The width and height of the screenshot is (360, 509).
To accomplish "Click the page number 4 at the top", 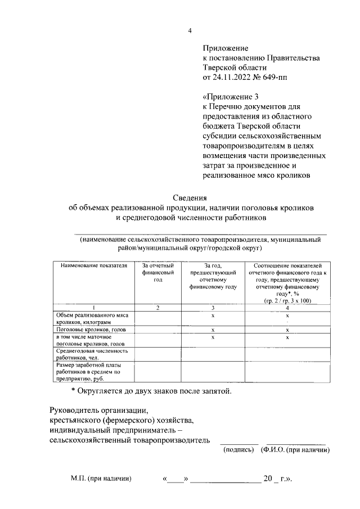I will pyautogui.click(x=190, y=31).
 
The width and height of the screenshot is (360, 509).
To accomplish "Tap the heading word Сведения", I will pyautogui.click(x=190, y=197).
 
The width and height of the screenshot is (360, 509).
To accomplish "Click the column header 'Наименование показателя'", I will pyautogui.click(x=90, y=265).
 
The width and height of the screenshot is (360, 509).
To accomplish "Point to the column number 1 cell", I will pyautogui.click(x=93, y=307).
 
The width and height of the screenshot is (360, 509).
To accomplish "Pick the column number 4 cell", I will pyautogui.click(x=287, y=307).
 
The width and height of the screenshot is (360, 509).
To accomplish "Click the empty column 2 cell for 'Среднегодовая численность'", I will pyautogui.click(x=157, y=354).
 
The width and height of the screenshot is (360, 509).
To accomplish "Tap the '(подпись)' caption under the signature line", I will pyautogui.click(x=239, y=450).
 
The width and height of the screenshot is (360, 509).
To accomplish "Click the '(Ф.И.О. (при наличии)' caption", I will pyautogui.click(x=295, y=450).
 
